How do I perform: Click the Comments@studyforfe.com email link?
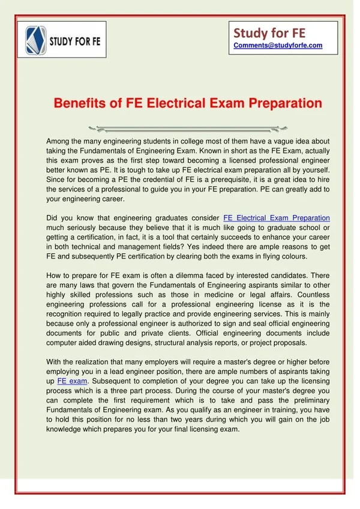pos(278,45)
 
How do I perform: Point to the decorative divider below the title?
pos(180,128)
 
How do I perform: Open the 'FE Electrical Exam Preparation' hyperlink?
pos(276,218)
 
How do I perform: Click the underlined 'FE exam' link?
pos(73,381)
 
